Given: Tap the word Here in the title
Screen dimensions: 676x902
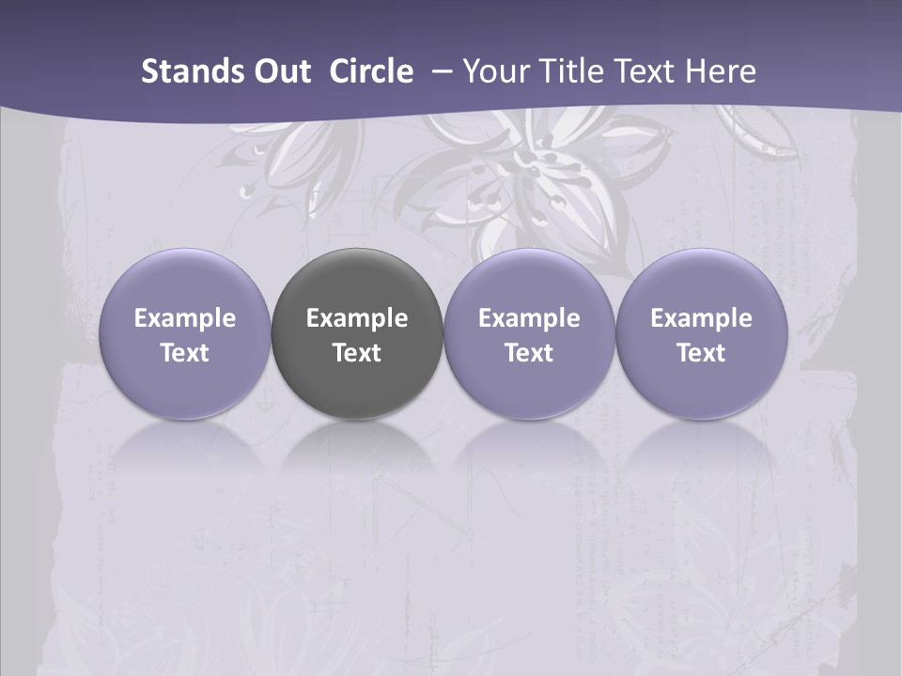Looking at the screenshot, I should [x=722, y=71].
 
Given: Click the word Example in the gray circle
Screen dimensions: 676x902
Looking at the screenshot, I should [x=357, y=318].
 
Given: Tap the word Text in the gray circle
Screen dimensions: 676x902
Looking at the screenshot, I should [x=357, y=353].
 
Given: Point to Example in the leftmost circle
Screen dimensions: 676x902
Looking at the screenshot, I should [x=184, y=318].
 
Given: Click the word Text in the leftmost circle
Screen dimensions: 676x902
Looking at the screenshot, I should [x=184, y=353].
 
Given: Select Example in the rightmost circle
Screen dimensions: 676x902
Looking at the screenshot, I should [x=702, y=318].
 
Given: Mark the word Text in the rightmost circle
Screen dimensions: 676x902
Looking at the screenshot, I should [x=702, y=353].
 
